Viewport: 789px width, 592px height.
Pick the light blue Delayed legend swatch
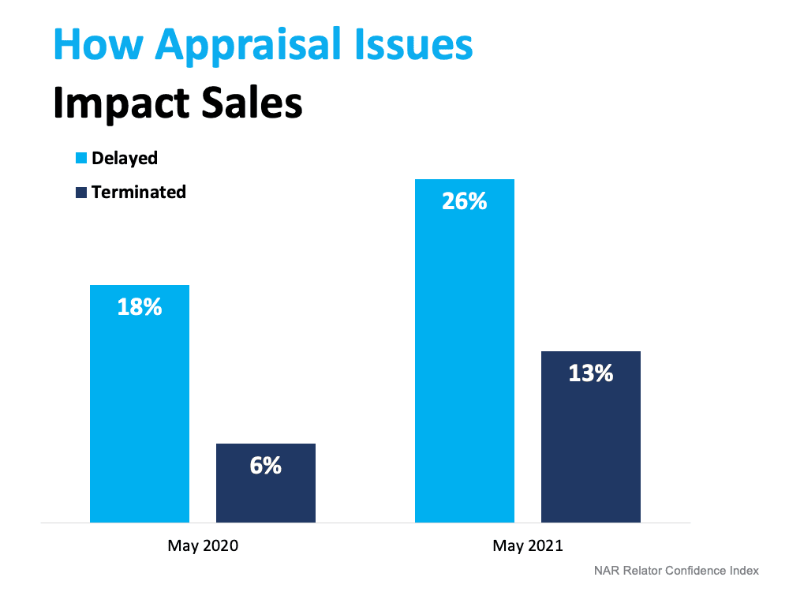(80, 158)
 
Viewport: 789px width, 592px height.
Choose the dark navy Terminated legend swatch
(80, 192)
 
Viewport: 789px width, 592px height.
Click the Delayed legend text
(125, 158)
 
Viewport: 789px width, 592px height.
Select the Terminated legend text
(139, 192)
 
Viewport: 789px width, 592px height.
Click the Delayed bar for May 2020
(140, 410)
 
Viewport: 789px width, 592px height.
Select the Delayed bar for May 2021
(465, 355)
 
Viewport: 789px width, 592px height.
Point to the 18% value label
(140, 307)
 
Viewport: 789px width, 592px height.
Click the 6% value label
(266, 466)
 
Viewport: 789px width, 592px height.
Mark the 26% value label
(465, 201)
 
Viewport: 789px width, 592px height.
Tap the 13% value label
(590, 373)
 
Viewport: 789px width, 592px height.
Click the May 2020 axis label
(203, 545)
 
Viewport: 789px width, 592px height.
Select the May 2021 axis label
(528, 545)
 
